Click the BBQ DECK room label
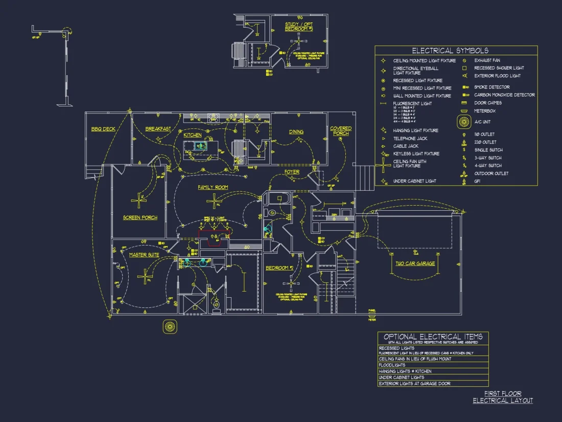click(103, 129)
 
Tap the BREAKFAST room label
click(158, 129)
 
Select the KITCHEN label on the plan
click(193, 135)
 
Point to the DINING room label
click(296, 132)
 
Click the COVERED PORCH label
click(341, 131)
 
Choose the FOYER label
click(292, 172)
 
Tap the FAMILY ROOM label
click(213, 188)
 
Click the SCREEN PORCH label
click(140, 218)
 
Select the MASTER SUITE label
click(144, 255)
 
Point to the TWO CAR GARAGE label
click(415, 263)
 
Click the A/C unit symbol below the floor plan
click(170, 326)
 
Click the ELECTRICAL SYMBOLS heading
click(450, 51)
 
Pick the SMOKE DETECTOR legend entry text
click(491, 87)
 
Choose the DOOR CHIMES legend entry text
click(488, 103)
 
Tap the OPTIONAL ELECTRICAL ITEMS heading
click(433, 337)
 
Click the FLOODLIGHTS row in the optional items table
click(392, 365)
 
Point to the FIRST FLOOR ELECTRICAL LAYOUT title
click(503, 397)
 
